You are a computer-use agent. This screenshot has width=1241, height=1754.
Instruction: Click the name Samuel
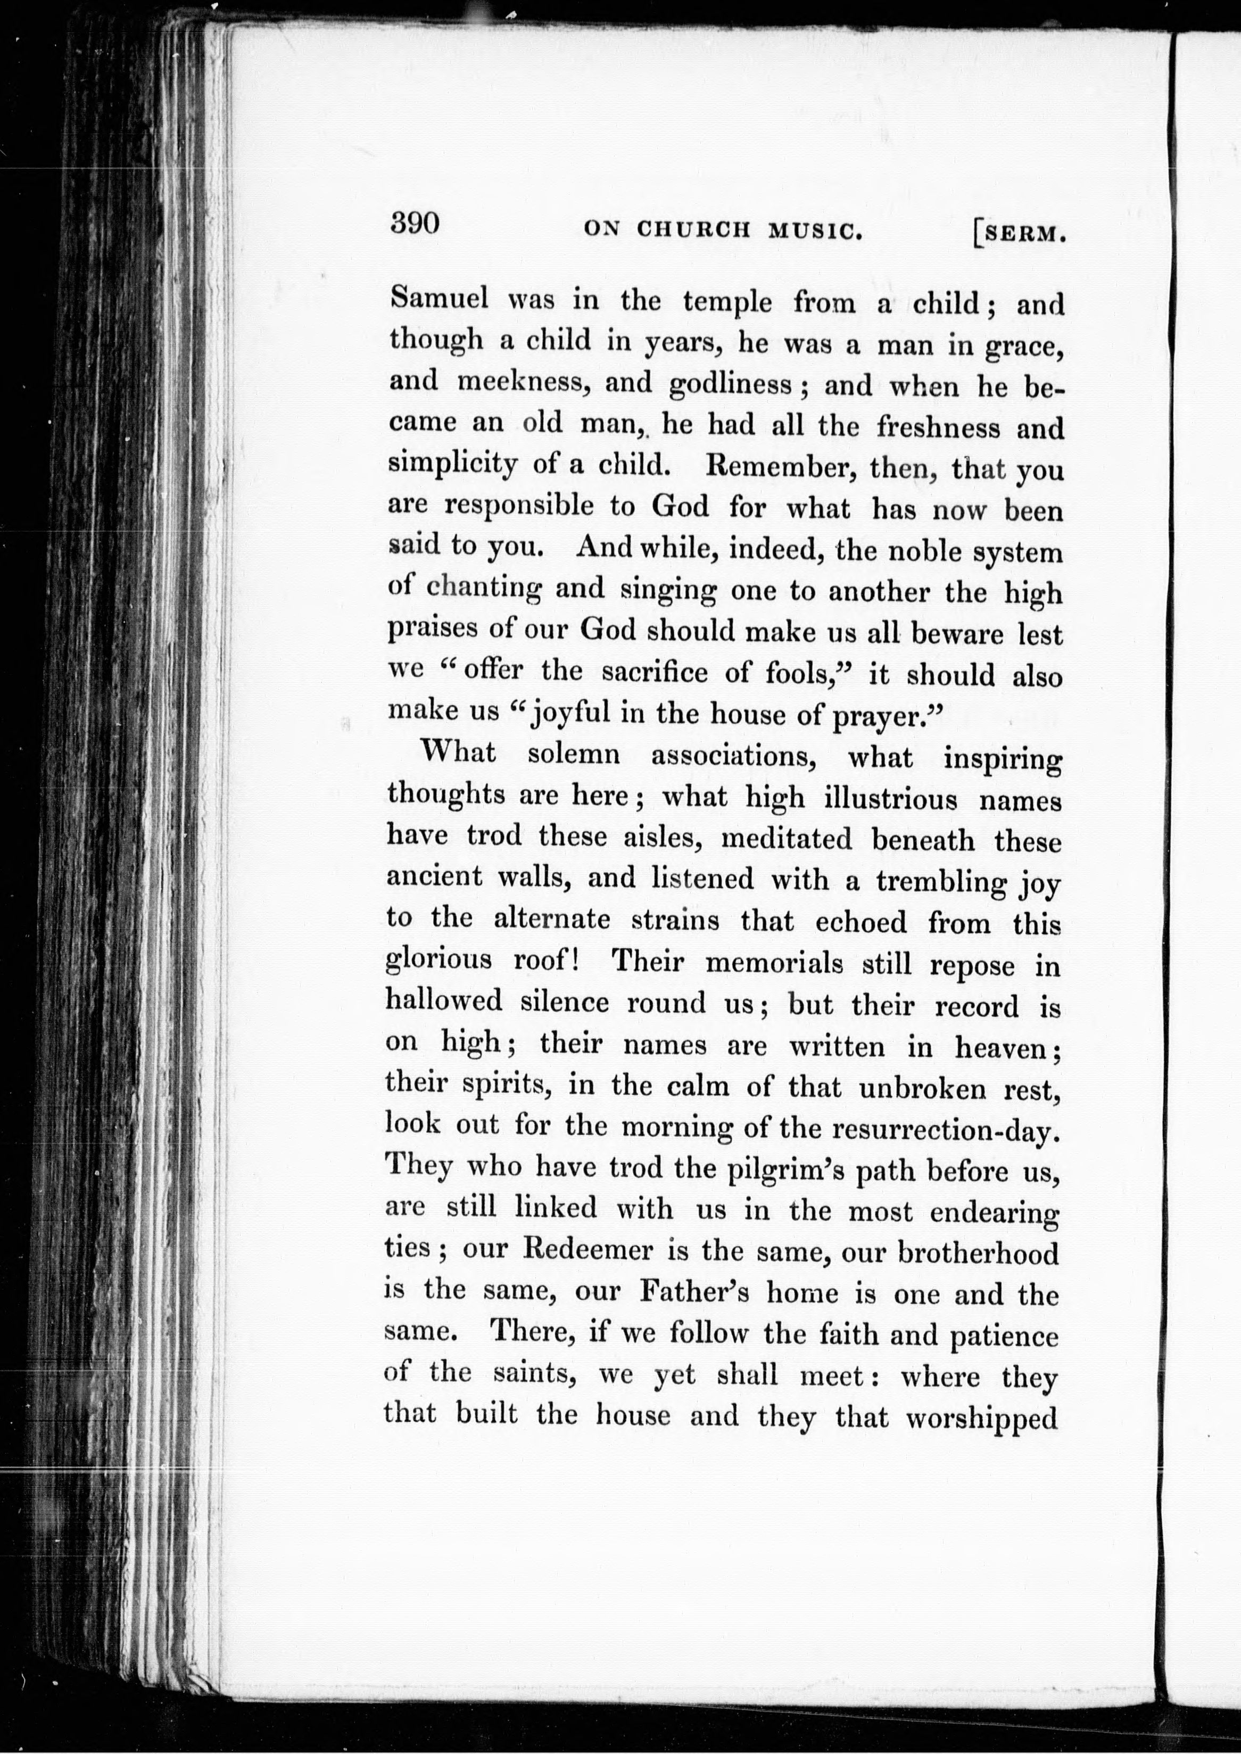point(438,298)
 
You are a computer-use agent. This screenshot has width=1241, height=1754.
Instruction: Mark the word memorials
point(773,963)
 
